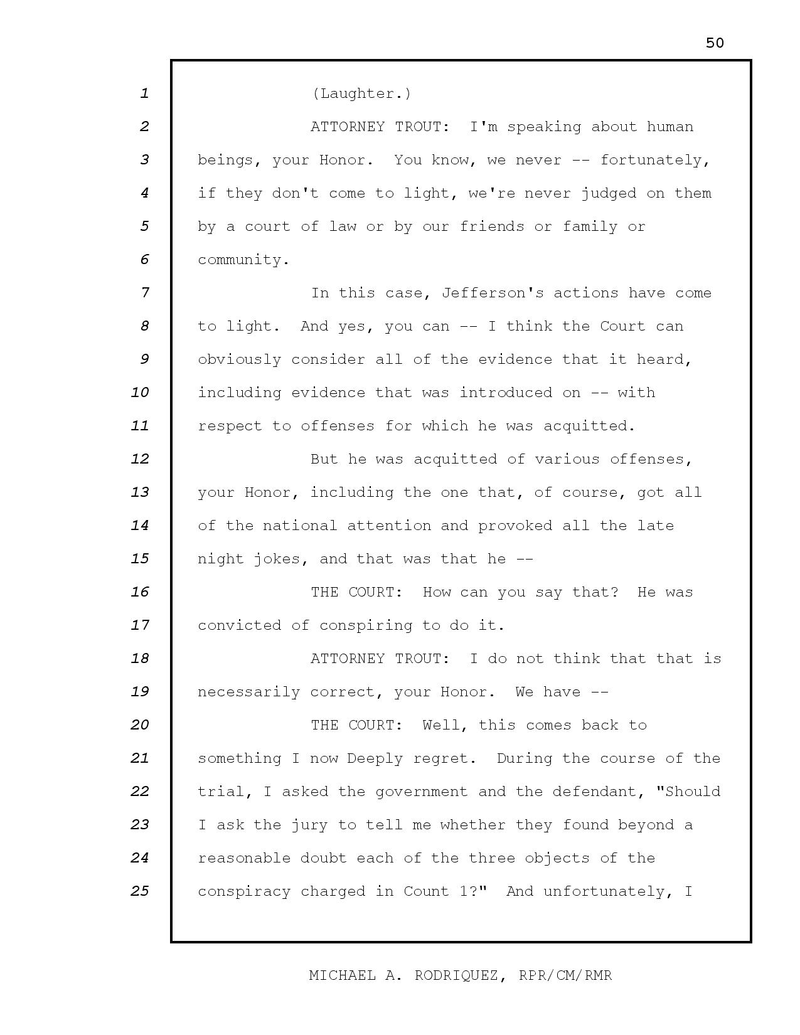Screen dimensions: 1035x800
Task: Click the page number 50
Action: (715, 43)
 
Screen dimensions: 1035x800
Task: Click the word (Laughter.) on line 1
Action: (361, 93)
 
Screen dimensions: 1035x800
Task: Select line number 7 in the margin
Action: (145, 292)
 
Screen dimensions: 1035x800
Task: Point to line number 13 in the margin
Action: (140, 492)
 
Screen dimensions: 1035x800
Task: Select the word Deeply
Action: (375, 758)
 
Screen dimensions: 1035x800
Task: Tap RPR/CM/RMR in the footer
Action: (565, 975)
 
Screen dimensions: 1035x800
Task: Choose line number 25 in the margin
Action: (140, 891)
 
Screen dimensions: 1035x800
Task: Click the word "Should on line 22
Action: (688, 792)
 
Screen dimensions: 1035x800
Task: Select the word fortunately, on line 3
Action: (655, 160)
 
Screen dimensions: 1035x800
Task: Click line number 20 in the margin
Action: (140, 724)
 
